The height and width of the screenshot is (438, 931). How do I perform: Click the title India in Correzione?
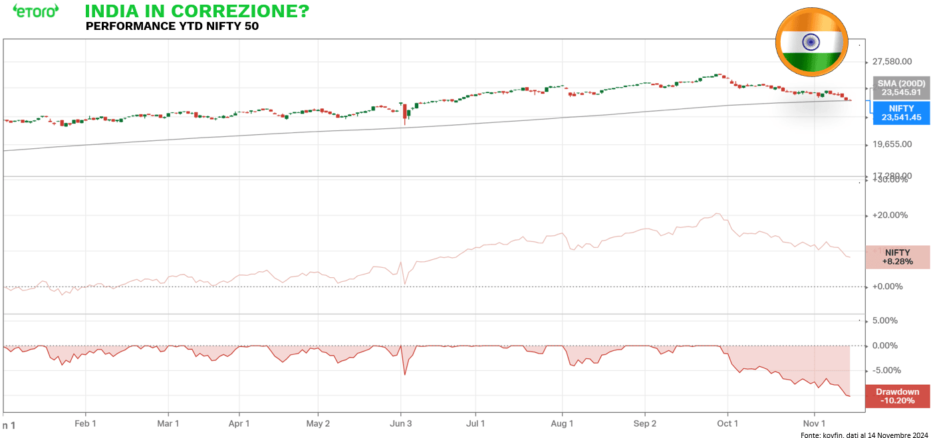pyautogui.click(x=197, y=11)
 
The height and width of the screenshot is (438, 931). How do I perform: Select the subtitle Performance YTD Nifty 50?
pyautogui.click(x=172, y=27)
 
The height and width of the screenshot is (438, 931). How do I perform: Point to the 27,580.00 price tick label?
pyautogui.click(x=891, y=62)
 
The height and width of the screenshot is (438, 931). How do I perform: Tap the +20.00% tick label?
pyautogui.click(x=889, y=215)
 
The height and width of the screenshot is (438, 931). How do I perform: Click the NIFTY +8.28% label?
pyautogui.click(x=897, y=257)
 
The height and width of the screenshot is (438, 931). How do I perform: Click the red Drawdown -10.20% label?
pyautogui.click(x=897, y=396)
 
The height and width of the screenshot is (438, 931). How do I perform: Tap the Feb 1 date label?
pyautogui.click(x=86, y=423)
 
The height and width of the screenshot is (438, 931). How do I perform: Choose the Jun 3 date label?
pyautogui.click(x=401, y=423)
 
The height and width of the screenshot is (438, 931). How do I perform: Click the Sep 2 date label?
pyautogui.click(x=644, y=423)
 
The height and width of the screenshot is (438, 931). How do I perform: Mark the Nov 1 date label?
pyautogui.click(x=815, y=423)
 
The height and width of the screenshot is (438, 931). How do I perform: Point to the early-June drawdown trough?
pyautogui.click(x=405, y=375)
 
